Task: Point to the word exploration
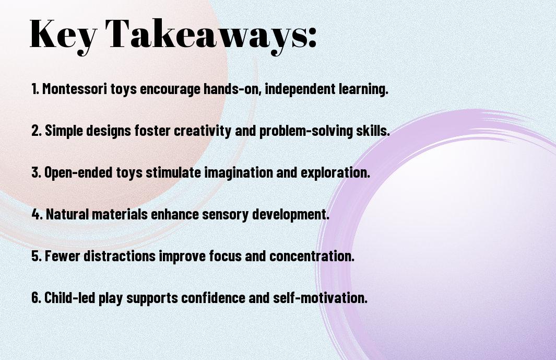336,172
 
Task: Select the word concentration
312,256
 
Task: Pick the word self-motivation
320,297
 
